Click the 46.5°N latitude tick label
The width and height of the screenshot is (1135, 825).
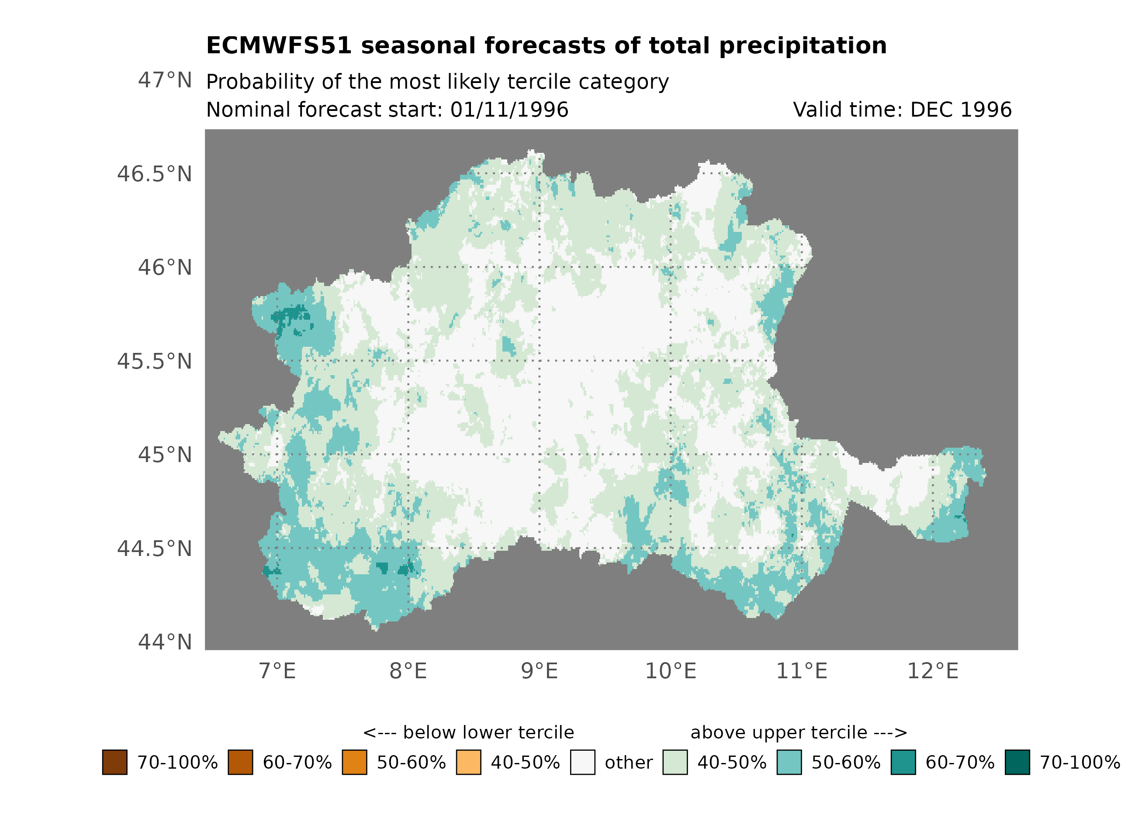154,174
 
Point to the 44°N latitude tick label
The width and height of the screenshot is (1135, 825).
165,642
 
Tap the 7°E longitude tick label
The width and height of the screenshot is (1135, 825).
277,671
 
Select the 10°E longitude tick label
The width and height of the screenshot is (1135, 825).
670,671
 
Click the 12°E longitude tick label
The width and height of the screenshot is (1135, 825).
932,671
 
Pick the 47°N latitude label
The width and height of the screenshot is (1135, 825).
165,80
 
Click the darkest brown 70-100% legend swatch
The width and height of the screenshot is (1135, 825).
114,762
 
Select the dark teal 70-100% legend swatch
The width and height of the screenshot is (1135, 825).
1017,762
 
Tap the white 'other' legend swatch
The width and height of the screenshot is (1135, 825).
582,762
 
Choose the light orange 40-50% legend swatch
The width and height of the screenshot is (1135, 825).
468,762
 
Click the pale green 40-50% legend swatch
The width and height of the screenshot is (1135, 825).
675,762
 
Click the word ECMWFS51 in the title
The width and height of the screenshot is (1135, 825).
279,46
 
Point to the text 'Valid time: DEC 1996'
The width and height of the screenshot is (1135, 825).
902,110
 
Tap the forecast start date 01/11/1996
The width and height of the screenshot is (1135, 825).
509,110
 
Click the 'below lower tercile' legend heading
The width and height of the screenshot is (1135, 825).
468,732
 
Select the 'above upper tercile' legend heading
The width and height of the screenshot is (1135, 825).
799,732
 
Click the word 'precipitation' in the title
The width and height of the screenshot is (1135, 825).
803,46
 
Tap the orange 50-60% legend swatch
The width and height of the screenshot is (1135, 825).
354,762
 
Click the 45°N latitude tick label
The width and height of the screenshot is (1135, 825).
165,455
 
